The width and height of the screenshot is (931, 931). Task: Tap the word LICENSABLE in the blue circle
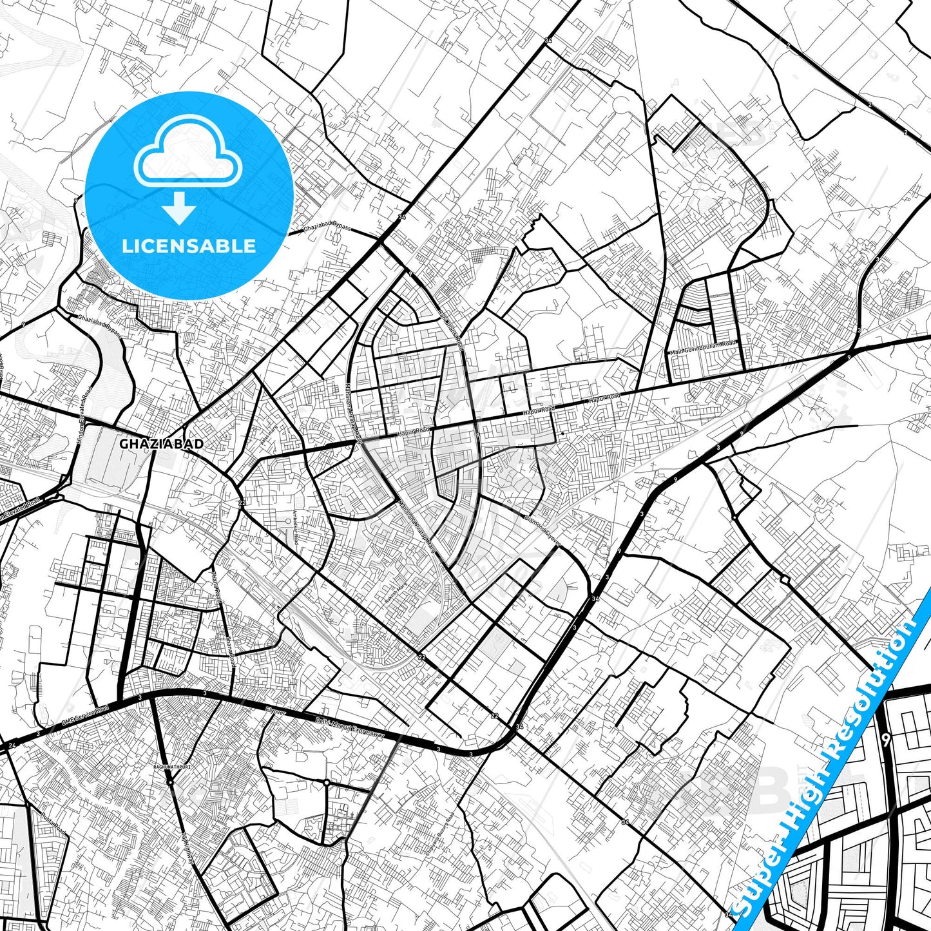point(189,245)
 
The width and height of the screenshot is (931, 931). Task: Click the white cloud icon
point(187,152)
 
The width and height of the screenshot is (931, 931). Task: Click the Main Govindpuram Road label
point(703,348)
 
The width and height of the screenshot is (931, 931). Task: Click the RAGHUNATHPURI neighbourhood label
point(169,767)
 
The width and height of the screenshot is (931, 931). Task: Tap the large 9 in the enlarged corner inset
point(887,741)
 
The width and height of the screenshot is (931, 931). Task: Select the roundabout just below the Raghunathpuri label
point(169,782)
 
